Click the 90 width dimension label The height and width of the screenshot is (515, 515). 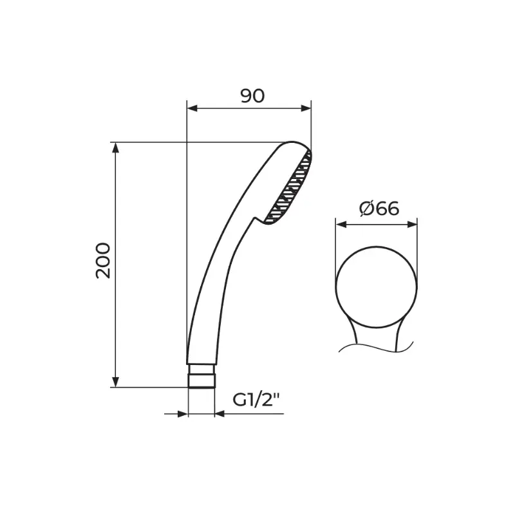click(252, 96)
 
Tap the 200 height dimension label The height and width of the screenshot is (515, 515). click(103, 261)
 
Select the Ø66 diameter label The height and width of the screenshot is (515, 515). click(379, 209)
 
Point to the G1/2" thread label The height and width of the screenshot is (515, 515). click(256, 400)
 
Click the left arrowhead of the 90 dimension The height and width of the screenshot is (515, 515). click(192, 108)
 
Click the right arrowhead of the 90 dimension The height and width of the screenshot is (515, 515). click(306, 108)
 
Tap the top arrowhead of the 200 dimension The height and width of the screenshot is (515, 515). click(115, 148)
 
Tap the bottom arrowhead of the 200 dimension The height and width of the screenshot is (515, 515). click(115, 382)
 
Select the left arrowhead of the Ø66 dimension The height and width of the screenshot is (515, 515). click(341, 224)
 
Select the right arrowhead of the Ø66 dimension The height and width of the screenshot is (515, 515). click(412, 224)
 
